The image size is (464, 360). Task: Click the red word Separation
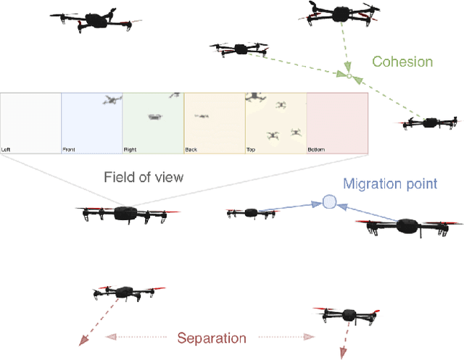coord(212,338)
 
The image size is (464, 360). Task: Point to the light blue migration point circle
coord(330,202)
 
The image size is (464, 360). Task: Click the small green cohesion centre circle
coord(348,75)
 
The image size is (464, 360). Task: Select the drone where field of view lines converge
coord(126,214)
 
